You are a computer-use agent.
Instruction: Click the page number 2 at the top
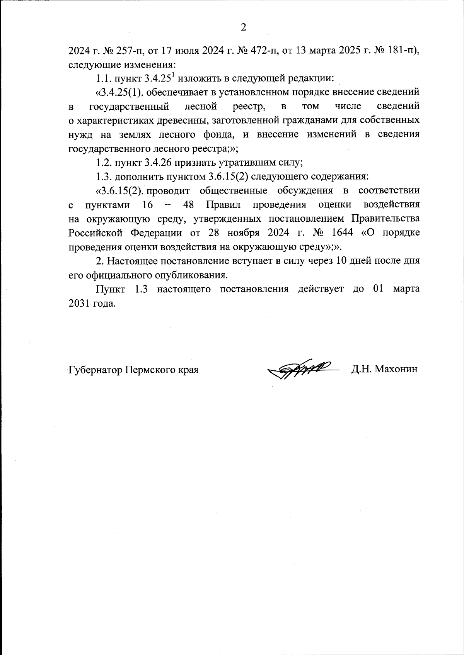coord(243,27)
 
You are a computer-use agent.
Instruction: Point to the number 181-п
coord(402,50)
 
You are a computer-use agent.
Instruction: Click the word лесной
coord(201,106)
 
